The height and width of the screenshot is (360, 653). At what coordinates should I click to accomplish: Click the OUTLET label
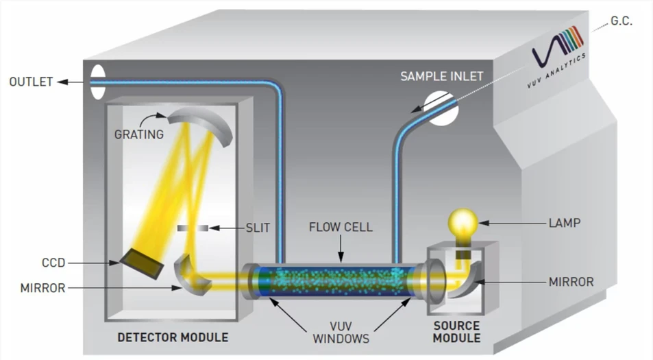(30, 82)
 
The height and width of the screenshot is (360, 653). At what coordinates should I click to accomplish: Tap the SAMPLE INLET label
(443, 75)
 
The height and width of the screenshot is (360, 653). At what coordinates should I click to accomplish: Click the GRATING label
(139, 134)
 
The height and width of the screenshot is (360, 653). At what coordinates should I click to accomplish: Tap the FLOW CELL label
(341, 226)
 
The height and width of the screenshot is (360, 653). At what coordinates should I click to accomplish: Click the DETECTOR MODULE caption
(173, 337)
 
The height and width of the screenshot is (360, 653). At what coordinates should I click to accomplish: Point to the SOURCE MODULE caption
(456, 332)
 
